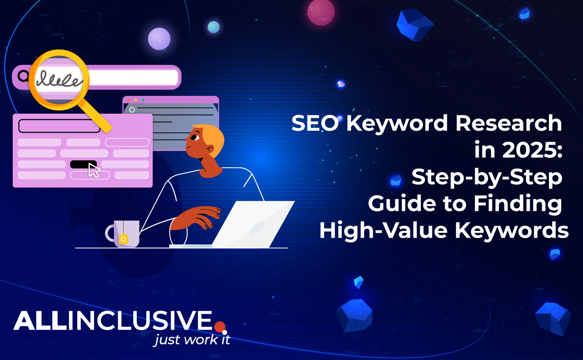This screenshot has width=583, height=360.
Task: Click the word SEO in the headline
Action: pyautogui.click(x=315, y=123)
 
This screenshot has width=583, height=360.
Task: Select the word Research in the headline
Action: pyautogui.click(x=509, y=123)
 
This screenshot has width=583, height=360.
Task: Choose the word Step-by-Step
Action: pyautogui.click(x=487, y=177)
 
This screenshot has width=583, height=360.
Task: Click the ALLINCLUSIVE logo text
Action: pyautogui.click(x=113, y=320)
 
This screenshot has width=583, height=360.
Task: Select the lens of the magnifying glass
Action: pyautogui.click(x=59, y=80)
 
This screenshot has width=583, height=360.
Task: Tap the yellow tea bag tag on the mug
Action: pyautogui.click(x=123, y=239)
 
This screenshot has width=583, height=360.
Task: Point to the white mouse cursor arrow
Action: pyautogui.click(x=94, y=171)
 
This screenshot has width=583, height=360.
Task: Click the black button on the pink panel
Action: pyautogui.click(x=83, y=164)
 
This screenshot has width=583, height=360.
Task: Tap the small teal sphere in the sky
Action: pyautogui.click(x=213, y=27)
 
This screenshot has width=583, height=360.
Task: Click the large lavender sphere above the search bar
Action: pyautogui.click(x=159, y=39)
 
